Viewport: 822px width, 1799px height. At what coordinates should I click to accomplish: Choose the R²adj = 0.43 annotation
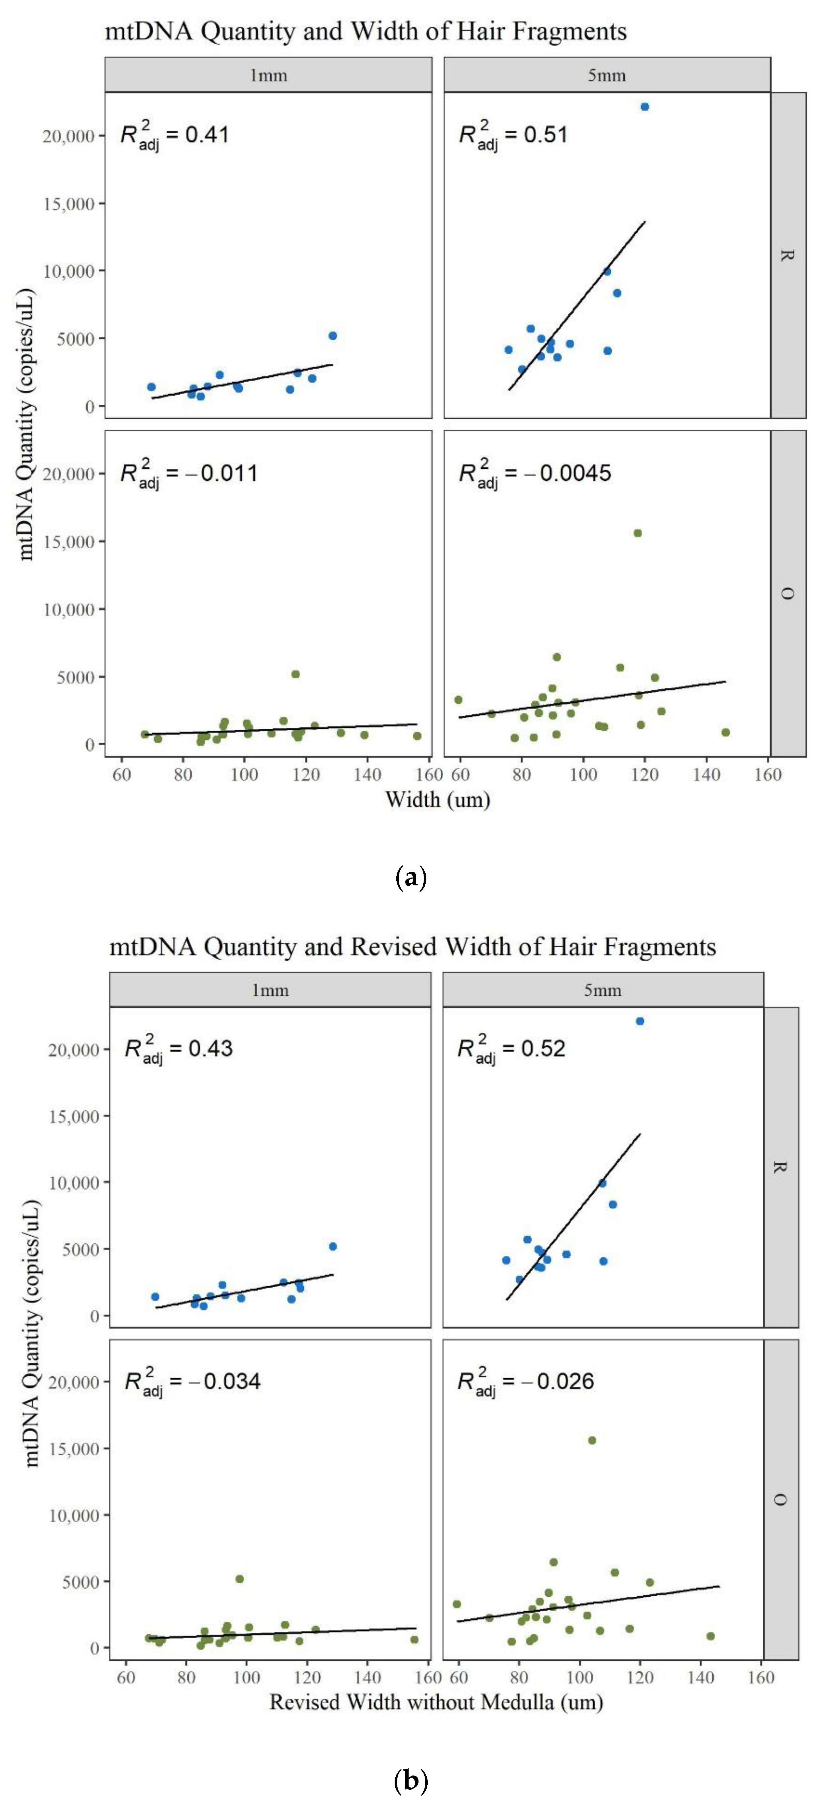click(x=178, y=1049)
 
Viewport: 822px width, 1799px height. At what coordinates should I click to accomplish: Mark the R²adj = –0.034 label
click(x=192, y=1381)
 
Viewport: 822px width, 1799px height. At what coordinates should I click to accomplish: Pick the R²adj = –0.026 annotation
click(x=525, y=1381)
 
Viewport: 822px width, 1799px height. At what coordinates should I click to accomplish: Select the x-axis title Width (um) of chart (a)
click(x=438, y=800)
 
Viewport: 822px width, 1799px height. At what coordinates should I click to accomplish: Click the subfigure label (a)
click(x=411, y=877)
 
